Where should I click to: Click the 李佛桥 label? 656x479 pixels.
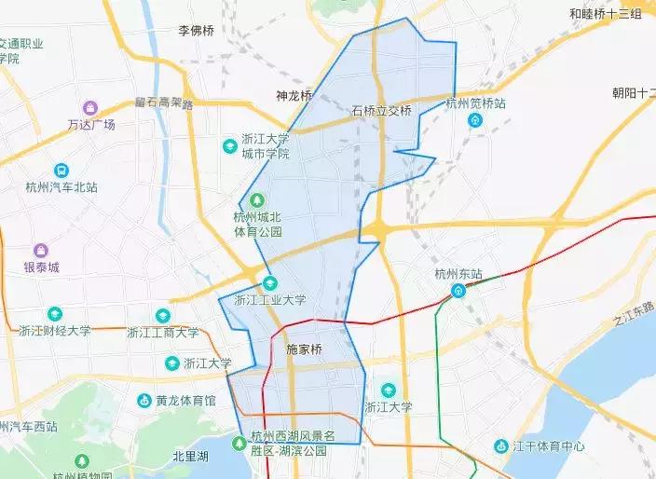click(x=197, y=31)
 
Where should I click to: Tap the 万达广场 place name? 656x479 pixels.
click(x=91, y=124)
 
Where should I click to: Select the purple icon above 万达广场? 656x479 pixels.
click(x=90, y=107)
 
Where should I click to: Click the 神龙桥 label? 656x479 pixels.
click(x=294, y=95)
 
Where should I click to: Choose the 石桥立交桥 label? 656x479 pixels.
click(x=381, y=110)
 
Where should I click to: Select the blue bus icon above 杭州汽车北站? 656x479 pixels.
click(x=61, y=171)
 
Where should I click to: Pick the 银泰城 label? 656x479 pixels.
click(x=41, y=267)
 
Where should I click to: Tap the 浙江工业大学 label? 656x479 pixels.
click(x=270, y=300)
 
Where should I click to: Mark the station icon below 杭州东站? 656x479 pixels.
click(x=458, y=291)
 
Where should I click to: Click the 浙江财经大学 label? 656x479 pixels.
click(x=55, y=330)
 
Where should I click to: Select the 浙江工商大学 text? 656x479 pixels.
click(x=163, y=332)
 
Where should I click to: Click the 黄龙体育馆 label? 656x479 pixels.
click(x=185, y=401)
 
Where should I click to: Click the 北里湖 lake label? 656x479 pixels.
click(x=190, y=457)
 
